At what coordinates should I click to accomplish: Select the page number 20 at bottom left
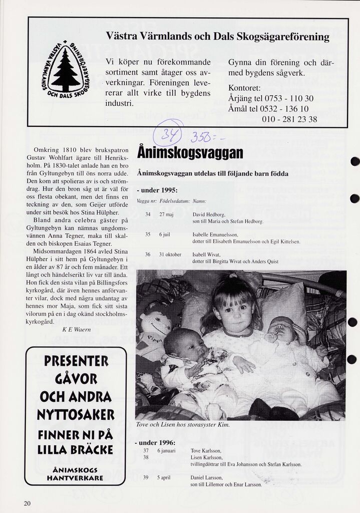pos(27,503)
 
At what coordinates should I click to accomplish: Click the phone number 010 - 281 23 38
pos(289,119)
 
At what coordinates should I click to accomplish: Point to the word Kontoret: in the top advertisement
pos(245,88)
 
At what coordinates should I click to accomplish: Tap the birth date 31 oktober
pos(170,254)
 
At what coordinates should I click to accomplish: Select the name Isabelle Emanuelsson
pos(215,234)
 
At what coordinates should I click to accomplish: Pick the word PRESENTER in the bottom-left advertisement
pos(76,361)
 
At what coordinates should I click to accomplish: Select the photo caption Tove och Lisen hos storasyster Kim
pos(183,425)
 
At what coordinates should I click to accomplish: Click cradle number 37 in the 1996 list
pos(146,450)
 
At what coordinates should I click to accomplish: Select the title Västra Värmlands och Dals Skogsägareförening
pos(218,37)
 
